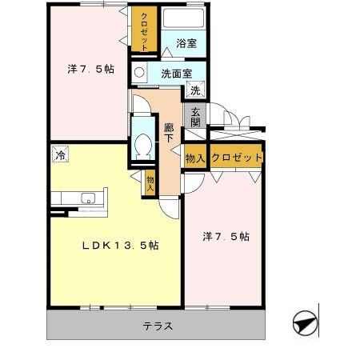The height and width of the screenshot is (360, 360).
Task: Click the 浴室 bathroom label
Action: pyautogui.click(x=186, y=45)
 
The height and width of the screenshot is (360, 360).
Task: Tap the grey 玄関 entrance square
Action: pyautogui.click(x=195, y=116)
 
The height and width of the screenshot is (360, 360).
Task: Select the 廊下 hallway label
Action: pyautogui.click(x=170, y=132)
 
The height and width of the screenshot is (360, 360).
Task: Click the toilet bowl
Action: pyautogui.click(x=144, y=146)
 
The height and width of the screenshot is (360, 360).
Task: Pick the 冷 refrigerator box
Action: pyautogui.click(x=60, y=154)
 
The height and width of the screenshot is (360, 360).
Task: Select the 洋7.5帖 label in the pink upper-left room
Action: pyautogui.click(x=90, y=69)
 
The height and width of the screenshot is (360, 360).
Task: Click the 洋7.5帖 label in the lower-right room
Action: pyautogui.click(x=226, y=237)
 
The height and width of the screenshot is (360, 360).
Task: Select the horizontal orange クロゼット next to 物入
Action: pyautogui.click(x=236, y=157)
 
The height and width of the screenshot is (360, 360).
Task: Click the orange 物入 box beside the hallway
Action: pyautogui.click(x=195, y=158)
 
